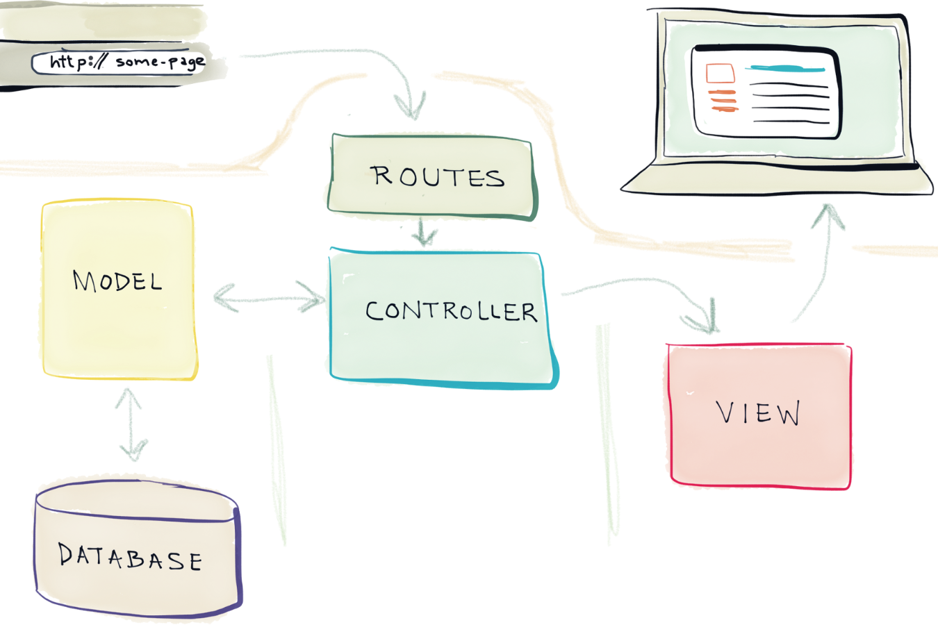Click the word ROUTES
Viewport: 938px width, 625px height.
(x=437, y=177)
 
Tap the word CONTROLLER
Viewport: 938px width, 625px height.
(x=451, y=311)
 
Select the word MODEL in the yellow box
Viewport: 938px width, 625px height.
(x=117, y=281)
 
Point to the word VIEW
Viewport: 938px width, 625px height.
(x=758, y=413)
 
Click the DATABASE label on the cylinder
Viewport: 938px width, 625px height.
(x=130, y=557)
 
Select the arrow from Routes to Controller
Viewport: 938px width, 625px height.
(x=424, y=233)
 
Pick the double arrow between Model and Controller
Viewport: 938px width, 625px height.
(x=270, y=299)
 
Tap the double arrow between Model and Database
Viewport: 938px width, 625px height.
(x=131, y=424)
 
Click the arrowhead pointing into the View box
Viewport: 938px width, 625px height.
(x=705, y=319)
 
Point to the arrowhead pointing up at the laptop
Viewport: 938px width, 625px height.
(x=827, y=215)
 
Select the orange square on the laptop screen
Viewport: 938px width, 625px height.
(x=720, y=73)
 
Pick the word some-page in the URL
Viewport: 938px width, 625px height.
(x=160, y=62)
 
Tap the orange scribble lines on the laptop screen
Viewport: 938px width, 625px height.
(x=723, y=101)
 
